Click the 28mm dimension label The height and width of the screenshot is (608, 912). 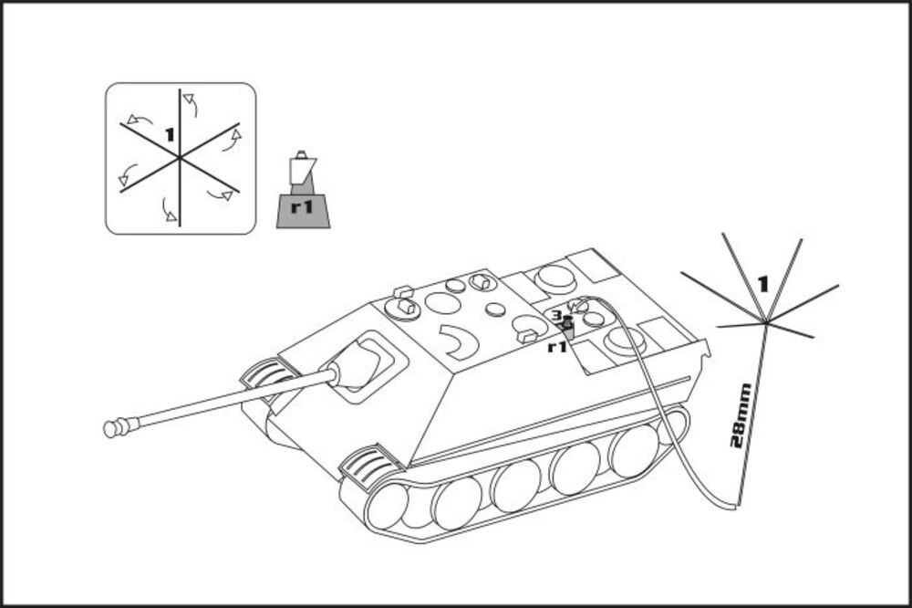coord(742,416)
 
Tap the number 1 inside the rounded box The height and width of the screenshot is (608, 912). coord(169,134)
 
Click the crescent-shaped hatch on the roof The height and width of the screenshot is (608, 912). coord(459,341)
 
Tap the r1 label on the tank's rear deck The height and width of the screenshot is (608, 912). coord(557,347)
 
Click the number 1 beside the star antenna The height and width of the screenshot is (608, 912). coord(762,283)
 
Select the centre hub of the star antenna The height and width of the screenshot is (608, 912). coord(767,320)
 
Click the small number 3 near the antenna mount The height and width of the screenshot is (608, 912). coord(555,316)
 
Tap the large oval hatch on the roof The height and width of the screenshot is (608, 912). coord(442,303)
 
